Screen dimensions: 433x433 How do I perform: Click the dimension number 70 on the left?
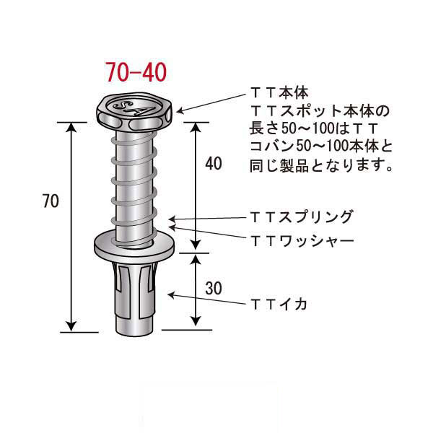point(50,202)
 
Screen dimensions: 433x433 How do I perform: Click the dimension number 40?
point(213,164)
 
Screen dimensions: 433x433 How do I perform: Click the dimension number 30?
point(213,289)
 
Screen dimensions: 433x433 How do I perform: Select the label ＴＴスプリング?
point(302,216)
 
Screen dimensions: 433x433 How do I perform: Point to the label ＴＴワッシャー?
point(302,238)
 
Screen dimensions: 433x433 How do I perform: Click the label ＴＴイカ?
point(279,304)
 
